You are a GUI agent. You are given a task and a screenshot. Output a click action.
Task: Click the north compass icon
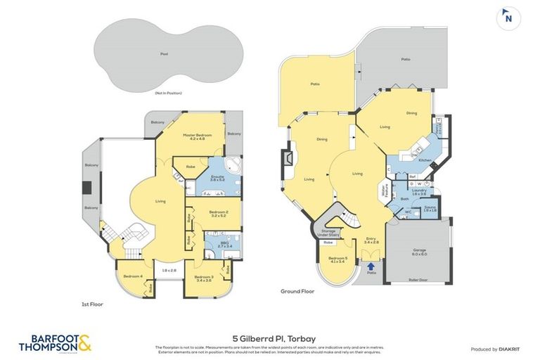tap(507, 18)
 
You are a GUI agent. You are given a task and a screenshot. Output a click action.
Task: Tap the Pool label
tap(164, 53)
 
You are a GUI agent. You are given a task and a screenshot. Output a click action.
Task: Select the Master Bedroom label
tap(198, 136)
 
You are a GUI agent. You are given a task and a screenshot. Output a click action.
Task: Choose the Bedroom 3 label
tap(205, 278)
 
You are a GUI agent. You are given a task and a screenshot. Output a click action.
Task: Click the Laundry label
tap(420, 191)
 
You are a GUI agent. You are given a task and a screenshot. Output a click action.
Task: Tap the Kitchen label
tap(425, 160)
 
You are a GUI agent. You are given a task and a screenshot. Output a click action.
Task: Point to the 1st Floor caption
tap(93, 304)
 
